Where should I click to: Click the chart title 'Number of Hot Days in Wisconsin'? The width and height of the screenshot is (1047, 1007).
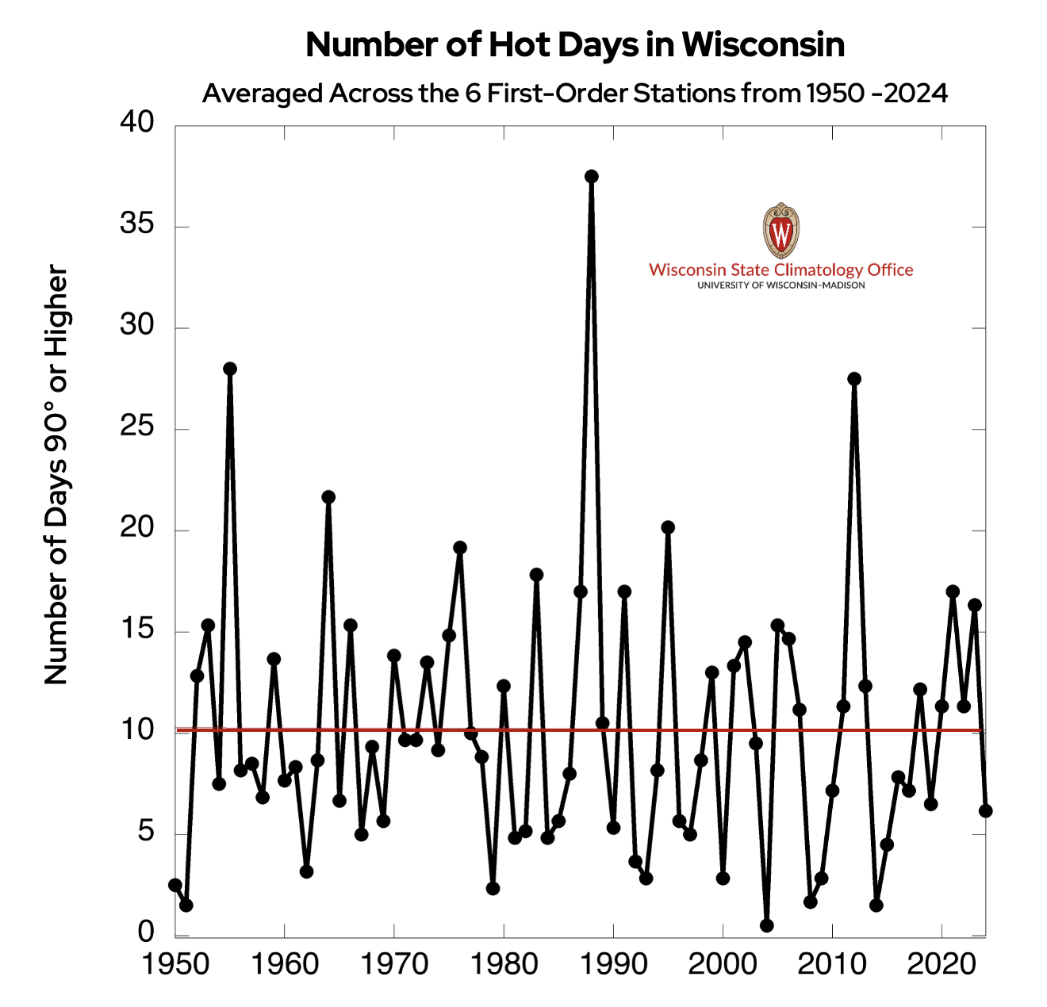(x=575, y=45)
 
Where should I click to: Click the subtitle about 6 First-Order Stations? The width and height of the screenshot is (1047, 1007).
(x=575, y=94)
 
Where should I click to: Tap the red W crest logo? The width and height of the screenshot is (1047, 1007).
(x=781, y=230)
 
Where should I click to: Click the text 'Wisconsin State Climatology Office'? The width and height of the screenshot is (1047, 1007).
(x=781, y=270)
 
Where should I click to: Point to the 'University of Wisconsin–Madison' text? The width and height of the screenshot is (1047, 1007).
(x=781, y=285)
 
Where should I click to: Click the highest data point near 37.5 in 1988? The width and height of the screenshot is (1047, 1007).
(x=592, y=176)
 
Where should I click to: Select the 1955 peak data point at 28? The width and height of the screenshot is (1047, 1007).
(x=230, y=369)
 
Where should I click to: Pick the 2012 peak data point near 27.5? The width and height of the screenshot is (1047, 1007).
(x=854, y=379)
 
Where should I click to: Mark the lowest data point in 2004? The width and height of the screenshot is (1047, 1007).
(x=766, y=925)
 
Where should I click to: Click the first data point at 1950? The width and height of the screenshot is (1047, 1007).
(x=175, y=885)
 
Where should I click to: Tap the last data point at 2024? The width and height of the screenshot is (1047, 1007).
(x=985, y=810)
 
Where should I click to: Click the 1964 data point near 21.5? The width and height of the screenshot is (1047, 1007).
(x=328, y=497)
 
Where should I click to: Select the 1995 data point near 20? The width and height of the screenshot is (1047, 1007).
(x=668, y=527)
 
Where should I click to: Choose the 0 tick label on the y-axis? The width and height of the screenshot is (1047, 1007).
(x=146, y=932)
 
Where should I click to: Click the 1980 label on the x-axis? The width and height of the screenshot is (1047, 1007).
(x=503, y=964)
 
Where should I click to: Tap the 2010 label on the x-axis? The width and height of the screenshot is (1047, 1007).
(x=832, y=964)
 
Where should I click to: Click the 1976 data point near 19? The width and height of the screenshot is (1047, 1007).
(x=460, y=548)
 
